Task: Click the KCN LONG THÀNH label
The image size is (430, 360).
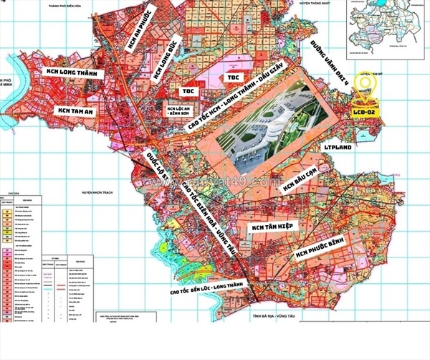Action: coord(69,73)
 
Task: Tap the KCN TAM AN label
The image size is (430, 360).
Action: coord(75,110)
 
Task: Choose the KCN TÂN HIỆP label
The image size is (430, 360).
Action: coord(274,227)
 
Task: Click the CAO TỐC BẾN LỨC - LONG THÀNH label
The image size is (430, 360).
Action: coord(206,290)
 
